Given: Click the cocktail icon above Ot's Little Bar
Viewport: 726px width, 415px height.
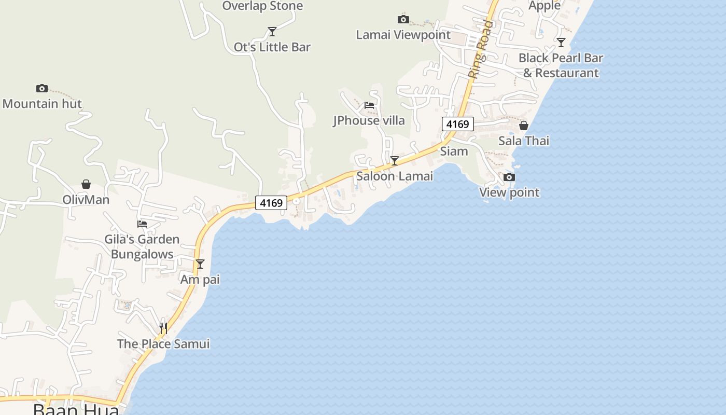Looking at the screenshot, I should (x=272, y=32).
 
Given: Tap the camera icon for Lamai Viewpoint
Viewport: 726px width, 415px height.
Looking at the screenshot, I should (x=403, y=20).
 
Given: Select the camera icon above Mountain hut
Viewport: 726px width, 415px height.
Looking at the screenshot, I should (x=42, y=89).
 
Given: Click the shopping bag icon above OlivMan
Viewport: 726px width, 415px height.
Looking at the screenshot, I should (x=86, y=185).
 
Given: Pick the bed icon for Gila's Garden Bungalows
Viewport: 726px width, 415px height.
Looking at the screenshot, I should (x=142, y=224).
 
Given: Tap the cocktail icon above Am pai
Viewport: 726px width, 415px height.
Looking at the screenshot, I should (x=200, y=264).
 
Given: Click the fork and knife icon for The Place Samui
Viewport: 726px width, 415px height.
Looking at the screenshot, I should (x=163, y=328).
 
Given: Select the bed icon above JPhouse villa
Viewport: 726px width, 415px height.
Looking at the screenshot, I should (x=369, y=105).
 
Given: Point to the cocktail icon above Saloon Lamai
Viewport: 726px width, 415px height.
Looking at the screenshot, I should (x=395, y=161).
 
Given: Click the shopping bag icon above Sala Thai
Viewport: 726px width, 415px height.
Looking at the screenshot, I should (x=524, y=126).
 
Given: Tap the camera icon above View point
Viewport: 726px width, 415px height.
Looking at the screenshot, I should (x=509, y=177).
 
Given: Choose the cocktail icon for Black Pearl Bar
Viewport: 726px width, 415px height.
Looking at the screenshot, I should (x=561, y=43).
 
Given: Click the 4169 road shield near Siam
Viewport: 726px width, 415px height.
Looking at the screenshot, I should (x=457, y=124).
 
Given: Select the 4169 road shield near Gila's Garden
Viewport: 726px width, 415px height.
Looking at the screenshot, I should (x=271, y=203).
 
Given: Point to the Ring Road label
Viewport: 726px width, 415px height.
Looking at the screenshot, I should (x=480, y=49).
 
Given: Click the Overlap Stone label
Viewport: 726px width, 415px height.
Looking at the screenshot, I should (x=262, y=6).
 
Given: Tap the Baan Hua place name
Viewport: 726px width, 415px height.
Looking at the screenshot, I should (x=76, y=409).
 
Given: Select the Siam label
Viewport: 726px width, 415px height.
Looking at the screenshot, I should (x=454, y=151).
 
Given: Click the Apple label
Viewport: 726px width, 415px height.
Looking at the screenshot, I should (x=544, y=6).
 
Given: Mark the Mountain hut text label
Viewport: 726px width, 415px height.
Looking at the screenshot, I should (x=42, y=104).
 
